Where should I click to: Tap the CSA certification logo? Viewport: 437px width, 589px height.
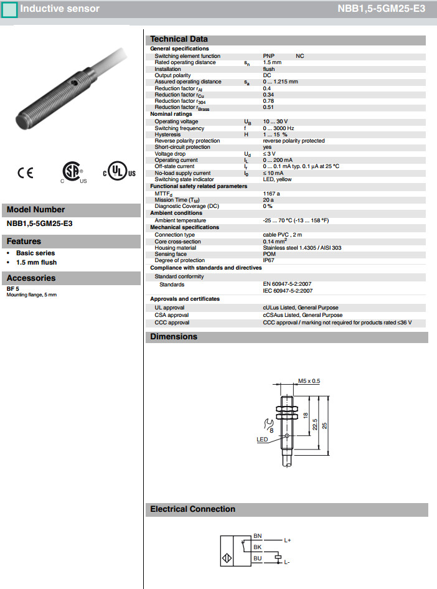72,172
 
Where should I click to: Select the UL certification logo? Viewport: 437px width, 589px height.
118,172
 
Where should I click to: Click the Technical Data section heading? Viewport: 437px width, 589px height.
179,39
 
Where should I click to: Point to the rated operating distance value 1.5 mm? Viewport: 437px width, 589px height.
272,62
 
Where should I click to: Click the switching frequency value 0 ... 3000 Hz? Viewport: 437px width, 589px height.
278,128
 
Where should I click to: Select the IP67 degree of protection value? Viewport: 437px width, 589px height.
269,260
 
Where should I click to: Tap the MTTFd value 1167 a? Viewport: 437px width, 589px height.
271,194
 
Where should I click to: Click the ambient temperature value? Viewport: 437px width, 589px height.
296,220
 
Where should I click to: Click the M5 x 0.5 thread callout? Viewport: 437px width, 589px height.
309,380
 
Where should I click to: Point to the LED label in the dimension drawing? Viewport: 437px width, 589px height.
262,439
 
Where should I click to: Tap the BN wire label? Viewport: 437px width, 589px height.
258,535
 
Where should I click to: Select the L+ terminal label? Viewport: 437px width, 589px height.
288,540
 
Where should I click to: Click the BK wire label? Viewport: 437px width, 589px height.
258,547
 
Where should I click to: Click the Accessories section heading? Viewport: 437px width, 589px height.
31,278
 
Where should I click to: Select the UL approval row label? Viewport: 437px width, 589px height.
169,308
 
